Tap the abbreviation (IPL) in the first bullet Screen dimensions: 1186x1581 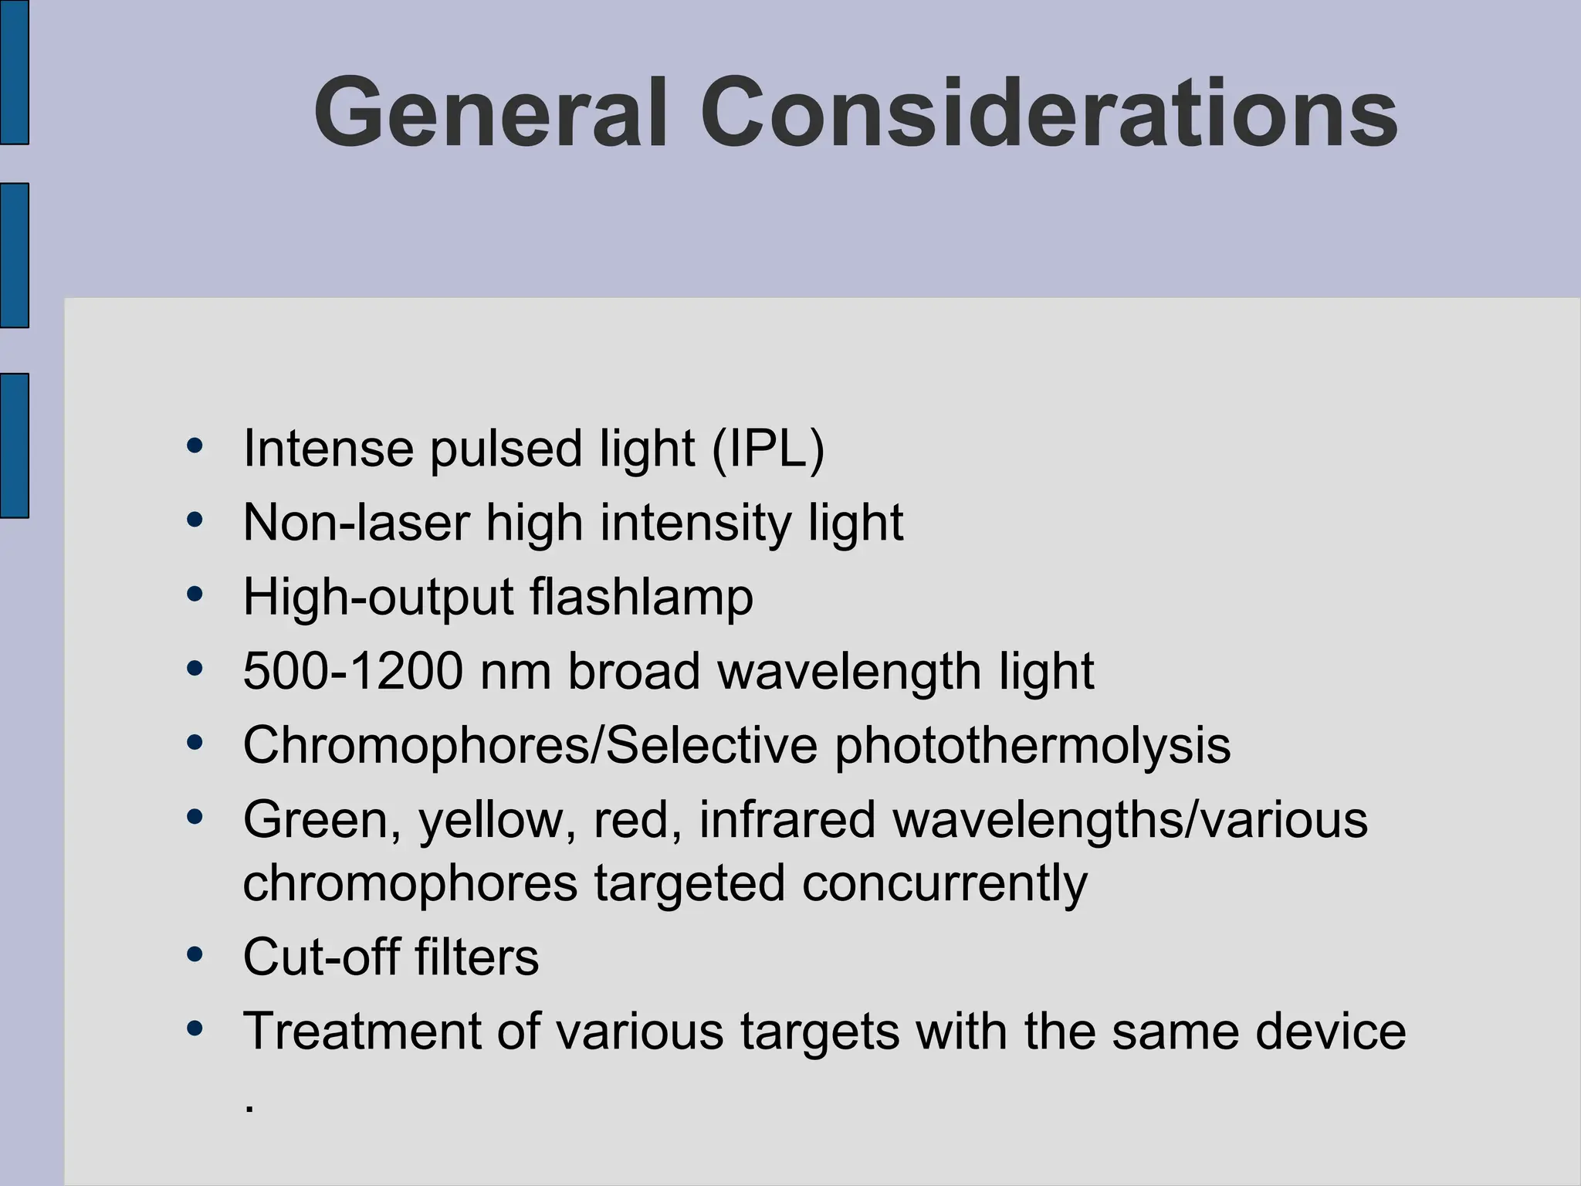pos(768,449)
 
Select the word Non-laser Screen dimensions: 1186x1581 pos(356,523)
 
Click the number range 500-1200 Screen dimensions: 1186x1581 pos(353,670)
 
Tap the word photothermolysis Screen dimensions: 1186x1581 pos(1032,747)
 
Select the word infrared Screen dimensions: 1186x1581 pos(787,819)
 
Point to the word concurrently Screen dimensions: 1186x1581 pos(944,883)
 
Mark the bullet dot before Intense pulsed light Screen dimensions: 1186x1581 pos(195,446)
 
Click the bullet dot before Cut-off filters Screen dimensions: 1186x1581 pos(195,955)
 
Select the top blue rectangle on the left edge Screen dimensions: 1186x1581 pos(14,72)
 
